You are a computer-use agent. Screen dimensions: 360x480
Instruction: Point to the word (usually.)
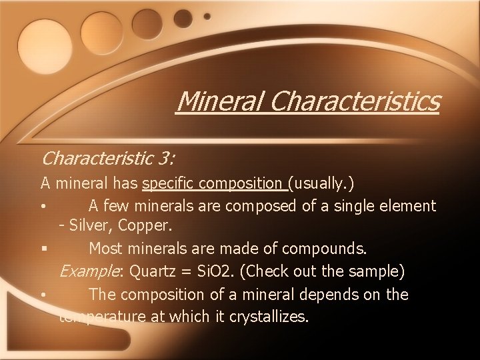(323, 183)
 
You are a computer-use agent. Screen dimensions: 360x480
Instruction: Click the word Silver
(89, 226)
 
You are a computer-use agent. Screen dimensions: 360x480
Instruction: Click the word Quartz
(154, 271)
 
